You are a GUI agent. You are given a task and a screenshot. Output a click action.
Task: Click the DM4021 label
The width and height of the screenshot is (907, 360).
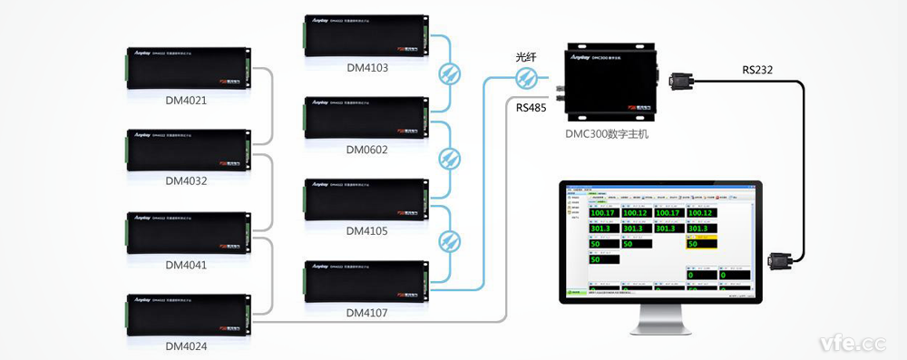[187, 100]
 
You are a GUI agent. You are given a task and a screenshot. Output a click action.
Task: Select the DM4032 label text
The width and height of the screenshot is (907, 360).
[187, 180]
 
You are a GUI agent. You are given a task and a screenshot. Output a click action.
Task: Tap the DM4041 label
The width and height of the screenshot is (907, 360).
[187, 264]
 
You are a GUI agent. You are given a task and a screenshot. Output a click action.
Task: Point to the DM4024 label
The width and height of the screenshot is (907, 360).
[187, 345]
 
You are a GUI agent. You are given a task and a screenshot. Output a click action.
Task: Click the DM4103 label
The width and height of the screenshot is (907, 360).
[366, 66]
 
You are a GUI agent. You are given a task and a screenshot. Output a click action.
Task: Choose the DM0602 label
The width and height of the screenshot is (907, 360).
[366, 150]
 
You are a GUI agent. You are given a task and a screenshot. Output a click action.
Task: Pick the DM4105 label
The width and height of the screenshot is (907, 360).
[366, 231]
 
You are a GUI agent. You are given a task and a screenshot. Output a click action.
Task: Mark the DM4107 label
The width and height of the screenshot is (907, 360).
[366, 313]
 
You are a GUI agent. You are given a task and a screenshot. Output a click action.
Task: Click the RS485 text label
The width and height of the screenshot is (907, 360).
[531, 107]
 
